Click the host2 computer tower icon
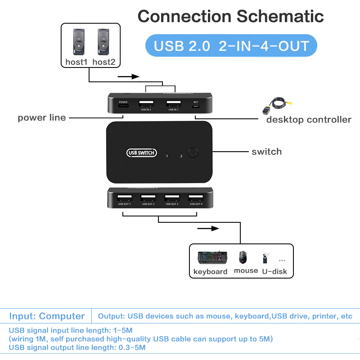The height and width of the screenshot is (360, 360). pos(103,42)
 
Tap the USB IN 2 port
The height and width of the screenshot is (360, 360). pos(145,103)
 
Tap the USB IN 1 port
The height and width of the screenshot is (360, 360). pos(173,103)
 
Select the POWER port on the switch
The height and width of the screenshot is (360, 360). pos(123,107)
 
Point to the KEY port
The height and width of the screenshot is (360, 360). pos(196,107)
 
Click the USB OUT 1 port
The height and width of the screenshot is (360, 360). pos(125,198)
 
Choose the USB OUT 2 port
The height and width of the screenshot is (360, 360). pos(148,198)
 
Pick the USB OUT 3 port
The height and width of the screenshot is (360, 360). pos(171,198)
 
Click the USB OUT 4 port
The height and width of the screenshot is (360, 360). pos(195,198)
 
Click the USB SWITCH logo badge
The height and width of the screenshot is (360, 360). pos(142,153)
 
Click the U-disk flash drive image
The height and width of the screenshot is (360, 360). pos(265,258)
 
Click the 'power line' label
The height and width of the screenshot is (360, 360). pos(42,118)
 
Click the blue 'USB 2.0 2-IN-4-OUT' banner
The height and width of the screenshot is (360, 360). pos(231,46)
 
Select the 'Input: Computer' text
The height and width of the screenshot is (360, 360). pos(47,316)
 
